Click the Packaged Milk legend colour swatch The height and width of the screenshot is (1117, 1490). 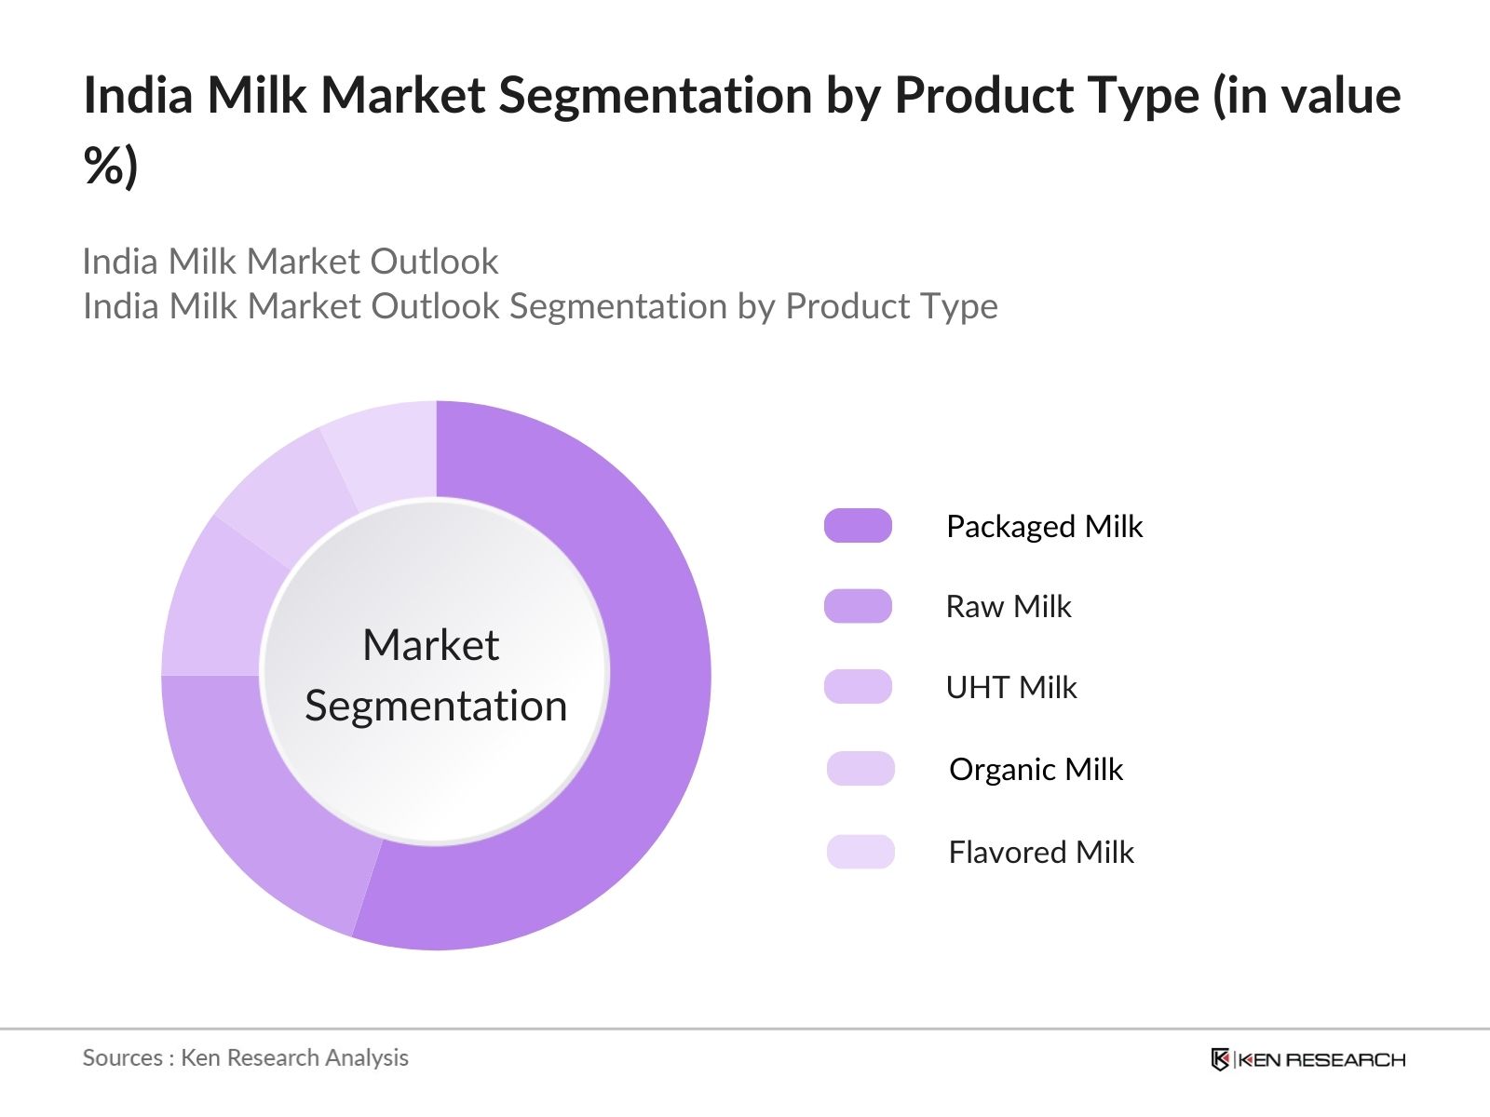858,526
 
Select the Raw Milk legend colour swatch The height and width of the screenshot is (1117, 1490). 858,606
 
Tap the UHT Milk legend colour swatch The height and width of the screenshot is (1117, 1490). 858,687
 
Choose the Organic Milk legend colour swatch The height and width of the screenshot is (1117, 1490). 860,769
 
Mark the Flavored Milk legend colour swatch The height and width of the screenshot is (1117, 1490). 860,852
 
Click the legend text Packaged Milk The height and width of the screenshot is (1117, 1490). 1044,527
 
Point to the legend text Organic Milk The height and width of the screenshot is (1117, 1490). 1036,770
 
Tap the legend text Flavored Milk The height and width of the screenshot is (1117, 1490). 1041,853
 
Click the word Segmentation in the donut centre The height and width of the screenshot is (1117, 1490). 436,707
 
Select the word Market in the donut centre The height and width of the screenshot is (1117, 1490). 430,645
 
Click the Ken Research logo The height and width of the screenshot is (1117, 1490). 1307,1059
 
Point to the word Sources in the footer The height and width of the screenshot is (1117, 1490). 122,1058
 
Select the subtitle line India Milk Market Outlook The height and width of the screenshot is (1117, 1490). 291,262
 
